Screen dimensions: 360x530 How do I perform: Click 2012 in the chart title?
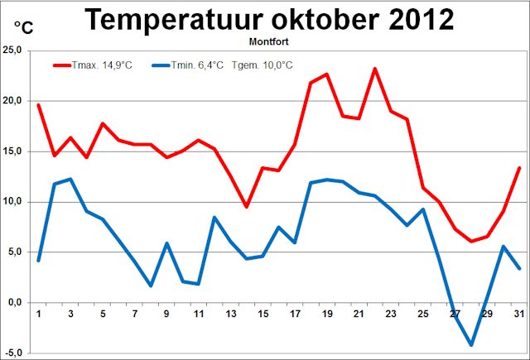coord(415,19)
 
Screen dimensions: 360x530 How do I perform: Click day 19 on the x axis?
coord(327,314)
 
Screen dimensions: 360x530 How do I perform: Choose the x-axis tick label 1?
coord(38,314)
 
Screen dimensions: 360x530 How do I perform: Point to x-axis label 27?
coord(455,314)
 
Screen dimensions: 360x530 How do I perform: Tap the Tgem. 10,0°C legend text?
coord(263,65)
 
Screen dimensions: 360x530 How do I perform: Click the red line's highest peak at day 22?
coord(375,69)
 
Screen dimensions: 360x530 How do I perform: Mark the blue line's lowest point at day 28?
coord(471,344)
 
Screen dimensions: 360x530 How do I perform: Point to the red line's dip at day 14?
coord(247,207)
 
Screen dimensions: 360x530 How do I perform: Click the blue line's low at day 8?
coord(151,286)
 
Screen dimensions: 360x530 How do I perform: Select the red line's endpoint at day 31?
coord(519,168)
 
